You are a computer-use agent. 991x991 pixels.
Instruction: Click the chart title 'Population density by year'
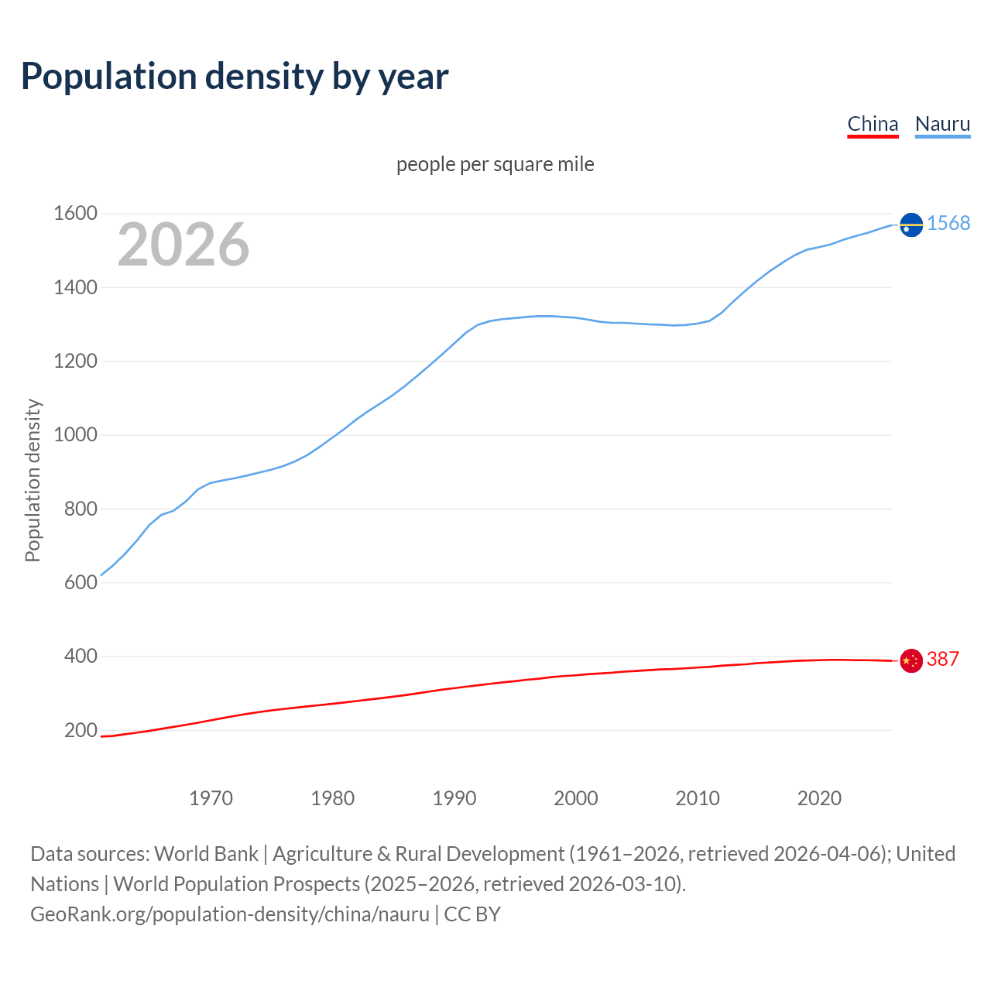point(235,77)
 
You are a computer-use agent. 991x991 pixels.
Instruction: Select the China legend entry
point(873,124)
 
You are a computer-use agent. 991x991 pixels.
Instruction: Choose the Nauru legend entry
point(942,124)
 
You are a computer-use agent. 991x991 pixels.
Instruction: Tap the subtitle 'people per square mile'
point(495,165)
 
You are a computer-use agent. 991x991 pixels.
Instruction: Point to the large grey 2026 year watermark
point(183,245)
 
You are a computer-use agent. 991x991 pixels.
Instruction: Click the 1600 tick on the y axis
point(75,214)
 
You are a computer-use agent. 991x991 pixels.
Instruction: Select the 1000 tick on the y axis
point(75,435)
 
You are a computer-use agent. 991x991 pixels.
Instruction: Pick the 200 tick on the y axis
point(81,730)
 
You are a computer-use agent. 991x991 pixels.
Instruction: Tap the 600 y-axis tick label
point(81,582)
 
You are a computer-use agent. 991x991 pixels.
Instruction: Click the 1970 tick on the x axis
point(211,798)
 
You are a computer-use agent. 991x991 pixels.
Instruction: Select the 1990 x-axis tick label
point(454,798)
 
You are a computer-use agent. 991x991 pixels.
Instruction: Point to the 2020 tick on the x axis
point(819,798)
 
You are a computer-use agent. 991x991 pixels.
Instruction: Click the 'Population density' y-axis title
point(33,480)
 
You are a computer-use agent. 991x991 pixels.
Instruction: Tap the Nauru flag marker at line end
point(911,225)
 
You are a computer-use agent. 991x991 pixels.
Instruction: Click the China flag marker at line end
point(911,660)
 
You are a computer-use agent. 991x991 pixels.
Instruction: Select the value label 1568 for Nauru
point(948,224)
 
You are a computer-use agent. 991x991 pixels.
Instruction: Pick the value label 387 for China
point(942,660)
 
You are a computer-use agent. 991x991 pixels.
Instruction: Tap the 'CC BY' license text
point(472,914)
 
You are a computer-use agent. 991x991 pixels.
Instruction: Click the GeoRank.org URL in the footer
point(230,914)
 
